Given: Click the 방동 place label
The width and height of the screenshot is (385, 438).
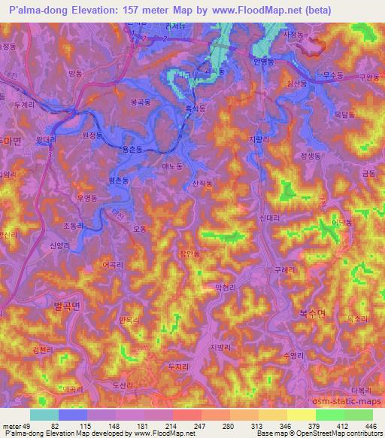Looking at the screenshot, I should [74, 73].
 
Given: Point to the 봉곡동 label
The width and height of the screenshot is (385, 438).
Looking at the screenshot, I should [140, 101].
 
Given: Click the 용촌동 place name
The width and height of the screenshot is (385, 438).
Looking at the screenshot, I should [131, 150].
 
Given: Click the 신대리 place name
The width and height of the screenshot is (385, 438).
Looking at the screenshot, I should [269, 217].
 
